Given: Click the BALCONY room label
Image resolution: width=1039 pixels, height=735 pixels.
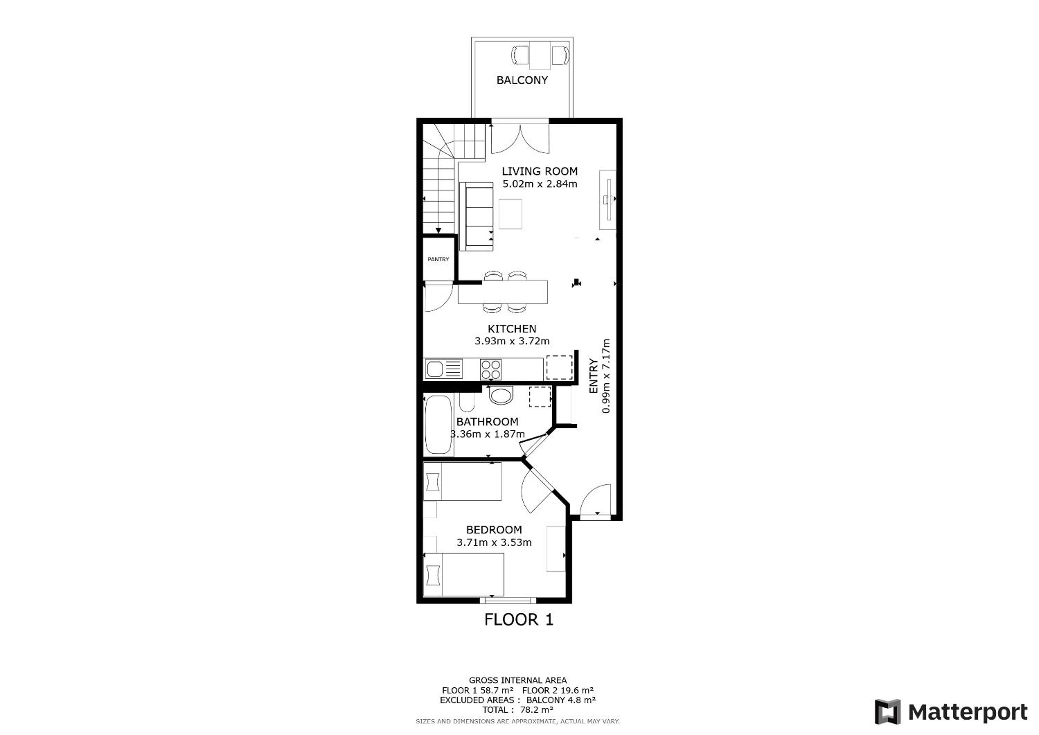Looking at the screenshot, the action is coord(522,80).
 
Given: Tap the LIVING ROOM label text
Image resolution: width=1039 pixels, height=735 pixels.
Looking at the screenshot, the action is coord(539,171).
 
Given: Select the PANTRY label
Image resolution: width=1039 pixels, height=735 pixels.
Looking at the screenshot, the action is coord(438,259).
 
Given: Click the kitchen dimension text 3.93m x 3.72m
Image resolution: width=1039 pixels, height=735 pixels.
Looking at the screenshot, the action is coord(512,341).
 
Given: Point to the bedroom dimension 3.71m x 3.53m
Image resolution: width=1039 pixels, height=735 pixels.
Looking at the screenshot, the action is coord(494,542).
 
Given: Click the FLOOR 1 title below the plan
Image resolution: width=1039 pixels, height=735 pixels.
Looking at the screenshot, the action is coord(519,619).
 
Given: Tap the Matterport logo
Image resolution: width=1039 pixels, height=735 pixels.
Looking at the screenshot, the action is coord(951,712).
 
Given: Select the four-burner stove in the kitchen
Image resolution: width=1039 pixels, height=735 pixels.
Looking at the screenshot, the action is coord(491,369).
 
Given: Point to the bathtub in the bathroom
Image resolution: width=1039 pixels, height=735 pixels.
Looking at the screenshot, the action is coord(438,425).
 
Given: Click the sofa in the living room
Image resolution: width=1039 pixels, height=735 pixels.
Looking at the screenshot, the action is coord(476,216).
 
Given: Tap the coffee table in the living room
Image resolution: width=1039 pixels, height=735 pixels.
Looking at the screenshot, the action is coord(510,214).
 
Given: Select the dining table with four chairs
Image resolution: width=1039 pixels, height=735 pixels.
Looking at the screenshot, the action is coord(503,292).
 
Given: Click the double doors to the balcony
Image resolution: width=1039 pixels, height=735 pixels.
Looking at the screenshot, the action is coord(520,137).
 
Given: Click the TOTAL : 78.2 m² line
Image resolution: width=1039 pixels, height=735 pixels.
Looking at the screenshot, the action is coord(517,710).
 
